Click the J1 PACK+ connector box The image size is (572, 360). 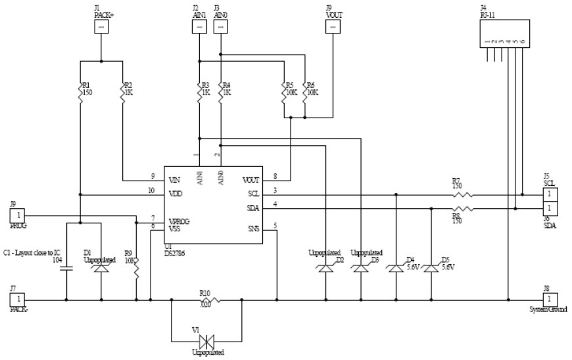click(x=101, y=26)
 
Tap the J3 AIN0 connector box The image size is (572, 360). click(x=222, y=26)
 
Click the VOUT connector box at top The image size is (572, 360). click(x=334, y=26)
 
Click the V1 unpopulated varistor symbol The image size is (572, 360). click(x=208, y=341)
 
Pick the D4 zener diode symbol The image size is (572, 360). click(x=396, y=269)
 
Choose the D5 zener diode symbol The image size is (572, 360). click(x=431, y=269)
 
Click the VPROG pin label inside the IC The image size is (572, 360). click(x=179, y=221)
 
